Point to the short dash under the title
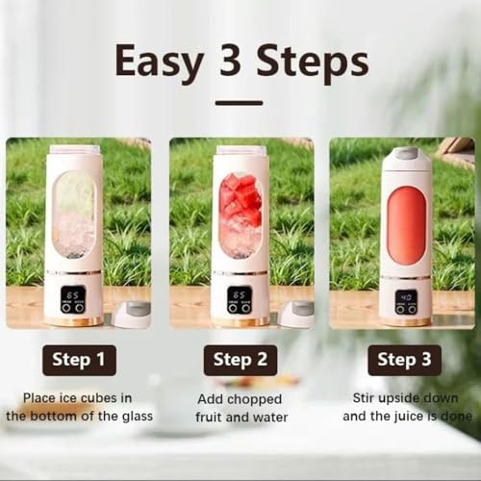point(239,102)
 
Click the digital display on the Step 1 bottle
point(73,298)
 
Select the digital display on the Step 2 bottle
point(240,298)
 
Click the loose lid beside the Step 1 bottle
point(131,314)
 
